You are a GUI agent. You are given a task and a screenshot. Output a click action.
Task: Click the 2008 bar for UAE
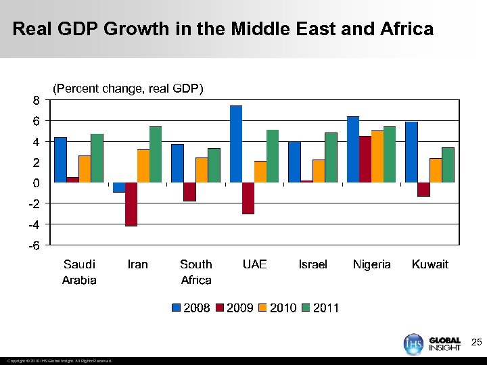pos(236,144)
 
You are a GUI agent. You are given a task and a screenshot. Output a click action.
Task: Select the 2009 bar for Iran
pos(131,204)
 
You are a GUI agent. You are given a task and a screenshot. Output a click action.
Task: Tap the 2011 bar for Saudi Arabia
pos(97,158)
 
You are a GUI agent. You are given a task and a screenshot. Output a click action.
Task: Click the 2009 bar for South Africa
pos(189,192)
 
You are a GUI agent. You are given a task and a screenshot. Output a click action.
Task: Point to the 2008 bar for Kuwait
pos(411,152)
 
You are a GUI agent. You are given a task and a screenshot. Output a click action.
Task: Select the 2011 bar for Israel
pos(331,157)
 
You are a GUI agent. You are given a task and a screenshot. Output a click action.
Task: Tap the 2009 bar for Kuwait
pos(423,189)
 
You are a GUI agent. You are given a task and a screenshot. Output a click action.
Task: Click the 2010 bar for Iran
pos(143,166)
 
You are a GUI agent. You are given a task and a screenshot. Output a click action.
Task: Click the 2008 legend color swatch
pos(177,308)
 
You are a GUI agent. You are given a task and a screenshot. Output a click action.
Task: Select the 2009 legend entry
pos(235,308)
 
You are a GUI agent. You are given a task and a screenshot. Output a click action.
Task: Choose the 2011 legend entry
pos(321,308)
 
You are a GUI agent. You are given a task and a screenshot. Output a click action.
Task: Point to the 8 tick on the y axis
pos(35,100)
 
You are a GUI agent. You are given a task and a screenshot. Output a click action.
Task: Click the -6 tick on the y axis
pos(33,245)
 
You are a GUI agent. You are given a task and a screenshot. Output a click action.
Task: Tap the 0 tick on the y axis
pos(35,183)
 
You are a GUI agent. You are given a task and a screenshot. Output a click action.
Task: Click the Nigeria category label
pos(371,264)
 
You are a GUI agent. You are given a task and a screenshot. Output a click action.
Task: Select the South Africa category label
pos(196,272)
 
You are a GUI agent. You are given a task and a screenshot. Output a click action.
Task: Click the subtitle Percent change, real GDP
pos(128,89)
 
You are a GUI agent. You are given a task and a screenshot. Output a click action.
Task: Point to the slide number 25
pos(476,343)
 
